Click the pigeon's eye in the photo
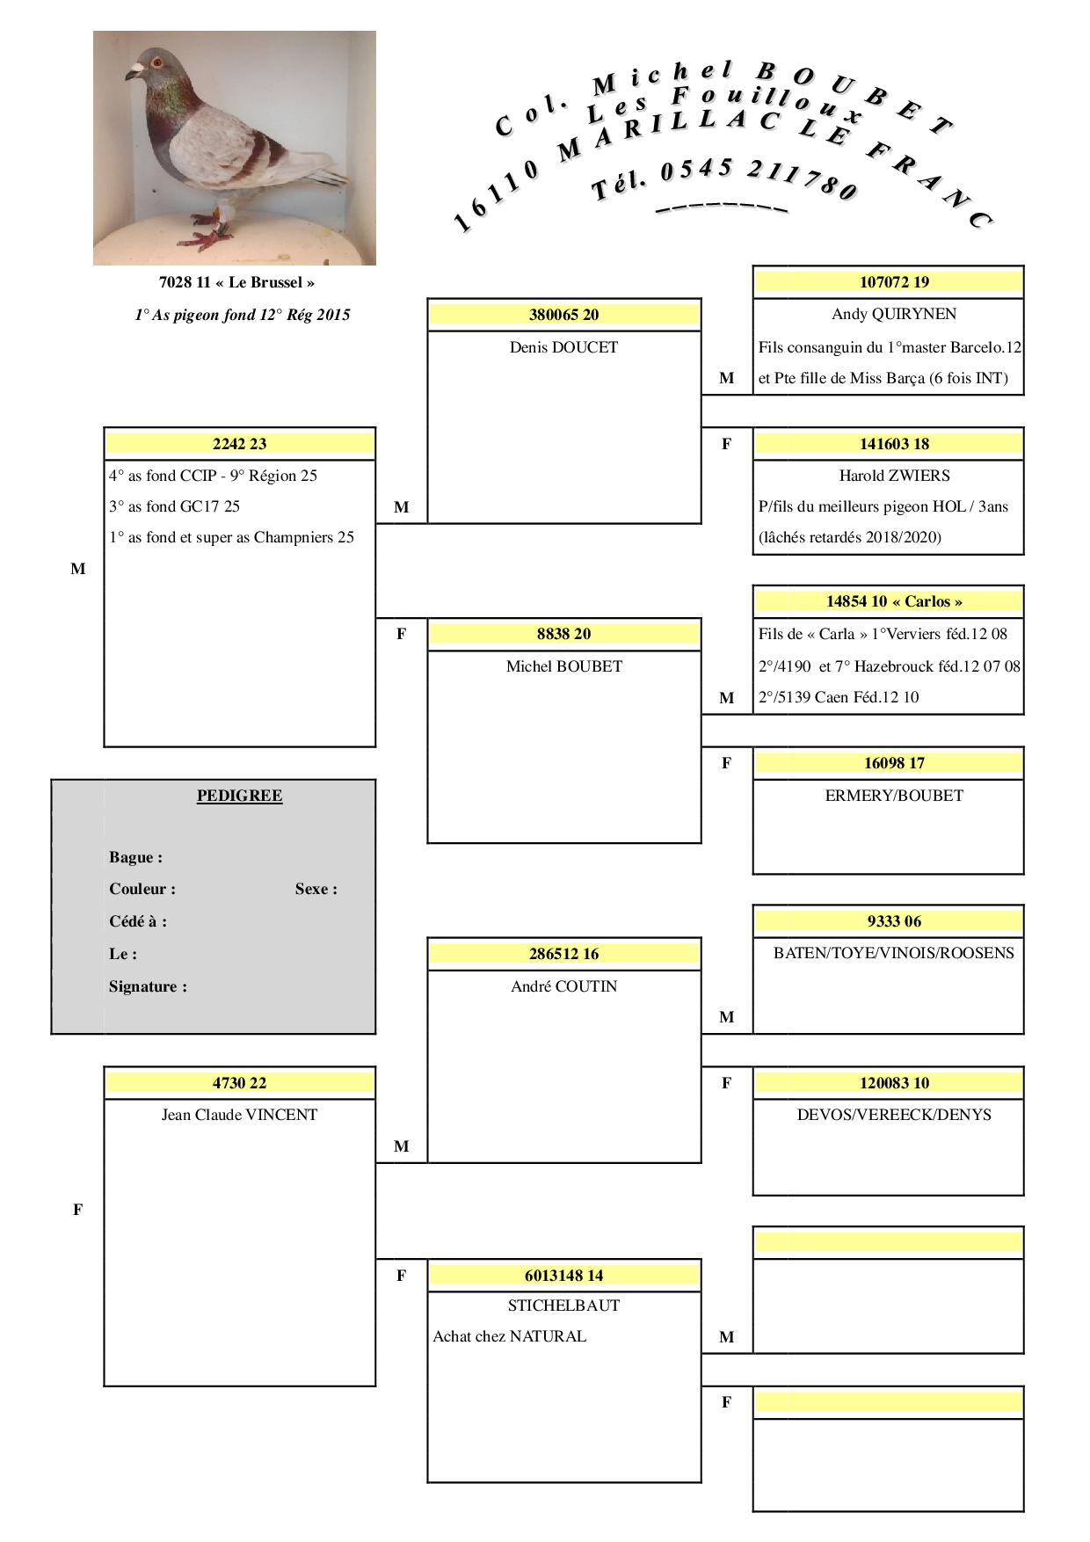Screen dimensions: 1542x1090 pos(156,62)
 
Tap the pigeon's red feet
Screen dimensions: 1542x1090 pos(207,237)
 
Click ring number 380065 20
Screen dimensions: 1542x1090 pos(563,315)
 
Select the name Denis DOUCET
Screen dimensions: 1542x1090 pos(563,347)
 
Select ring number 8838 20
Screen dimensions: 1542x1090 pos(563,634)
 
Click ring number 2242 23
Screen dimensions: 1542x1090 pos(239,444)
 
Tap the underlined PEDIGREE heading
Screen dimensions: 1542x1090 pos(239,796)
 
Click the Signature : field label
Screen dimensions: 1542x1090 pos(148,986)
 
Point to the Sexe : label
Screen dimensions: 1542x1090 pos(316,889)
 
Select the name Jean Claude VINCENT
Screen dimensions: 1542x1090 pos(239,1115)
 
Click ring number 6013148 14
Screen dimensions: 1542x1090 pos(563,1276)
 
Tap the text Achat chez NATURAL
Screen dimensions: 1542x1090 pos(509,1336)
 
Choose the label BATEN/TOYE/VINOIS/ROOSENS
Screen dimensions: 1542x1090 pos(893,953)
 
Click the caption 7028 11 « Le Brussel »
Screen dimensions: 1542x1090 pos(236,282)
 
